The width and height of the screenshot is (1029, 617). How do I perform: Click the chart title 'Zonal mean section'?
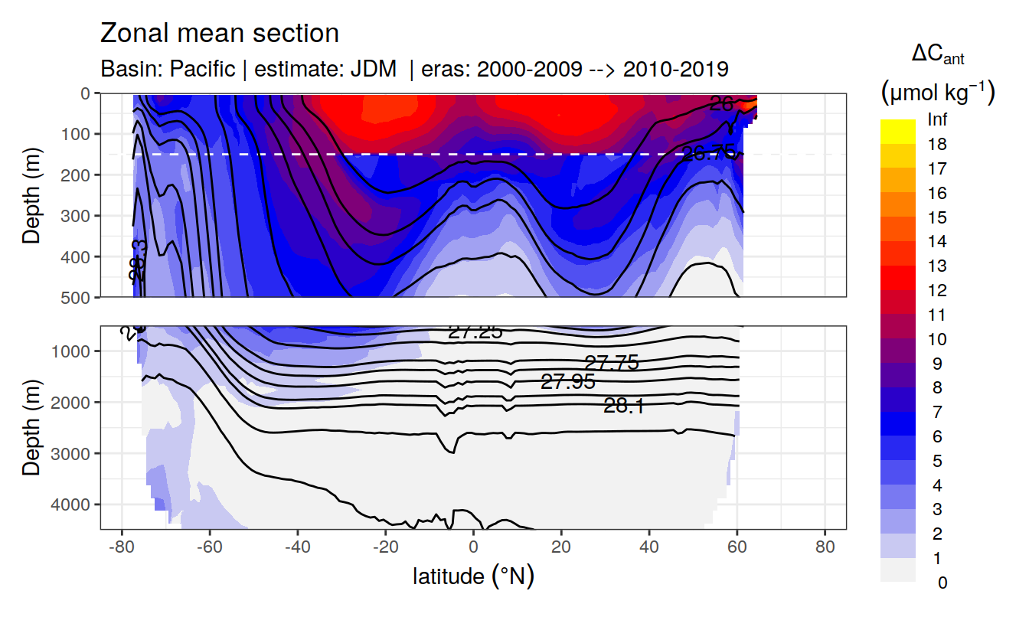pos(220,34)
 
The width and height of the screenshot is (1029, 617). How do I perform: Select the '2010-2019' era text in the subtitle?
pos(675,69)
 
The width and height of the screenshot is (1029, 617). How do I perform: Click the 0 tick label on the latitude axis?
pos(473,547)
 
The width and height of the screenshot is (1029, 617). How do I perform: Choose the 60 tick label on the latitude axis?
pos(737,547)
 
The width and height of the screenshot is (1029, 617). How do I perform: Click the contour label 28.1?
pos(623,406)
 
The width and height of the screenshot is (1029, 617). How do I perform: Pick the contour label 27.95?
pos(567,382)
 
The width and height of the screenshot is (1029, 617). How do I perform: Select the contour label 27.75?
pos(611,363)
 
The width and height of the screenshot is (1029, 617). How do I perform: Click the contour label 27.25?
pos(475,332)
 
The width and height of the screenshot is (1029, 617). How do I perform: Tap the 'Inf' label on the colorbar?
pos(936,120)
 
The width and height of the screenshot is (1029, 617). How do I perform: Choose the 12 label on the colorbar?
pos(936,291)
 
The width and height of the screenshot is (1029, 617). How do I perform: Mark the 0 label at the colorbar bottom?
pos(942,583)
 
